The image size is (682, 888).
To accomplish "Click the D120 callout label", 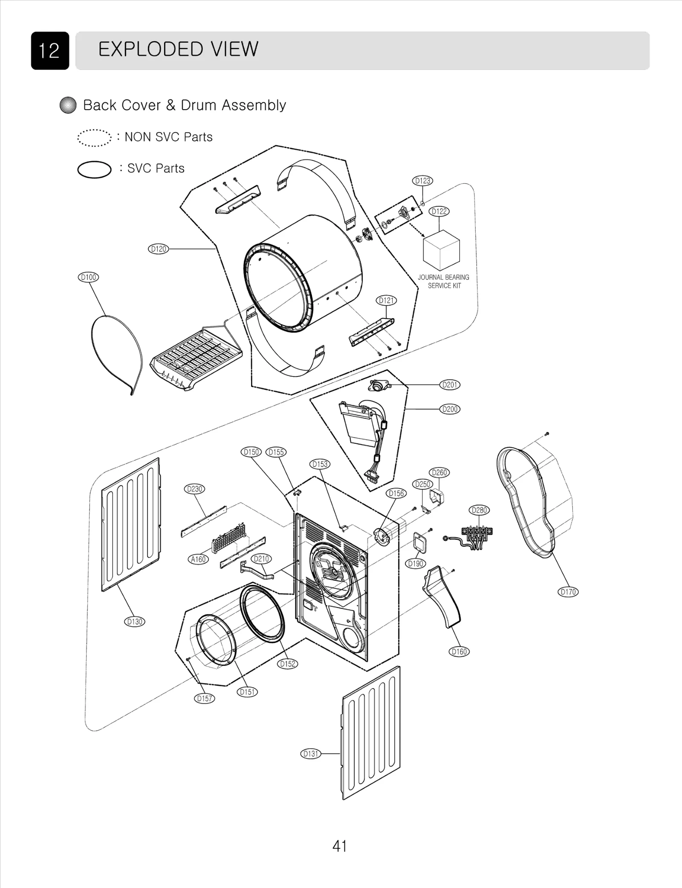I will click(x=158, y=249).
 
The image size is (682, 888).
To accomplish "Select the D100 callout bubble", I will click(x=88, y=278).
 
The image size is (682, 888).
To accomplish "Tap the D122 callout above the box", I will click(x=439, y=211).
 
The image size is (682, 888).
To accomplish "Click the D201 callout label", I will click(x=450, y=385).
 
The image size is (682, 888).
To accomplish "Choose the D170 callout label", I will click(x=568, y=592).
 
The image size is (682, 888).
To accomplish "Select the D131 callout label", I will click(x=311, y=754).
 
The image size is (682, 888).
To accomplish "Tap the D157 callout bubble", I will click(x=204, y=699).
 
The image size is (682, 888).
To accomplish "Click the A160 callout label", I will click(x=198, y=559).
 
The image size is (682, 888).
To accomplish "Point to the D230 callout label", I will click(x=194, y=489).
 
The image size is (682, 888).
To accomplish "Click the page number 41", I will click(x=340, y=846).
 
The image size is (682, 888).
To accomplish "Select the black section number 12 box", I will click(x=50, y=51).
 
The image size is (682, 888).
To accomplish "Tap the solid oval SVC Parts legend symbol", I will click(x=94, y=169).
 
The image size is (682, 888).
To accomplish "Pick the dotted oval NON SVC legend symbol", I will click(x=94, y=138).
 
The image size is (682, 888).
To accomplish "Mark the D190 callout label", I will click(x=415, y=564).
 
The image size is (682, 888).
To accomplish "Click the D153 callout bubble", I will click(x=320, y=464).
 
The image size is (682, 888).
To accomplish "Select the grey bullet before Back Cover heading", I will click(x=68, y=105).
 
